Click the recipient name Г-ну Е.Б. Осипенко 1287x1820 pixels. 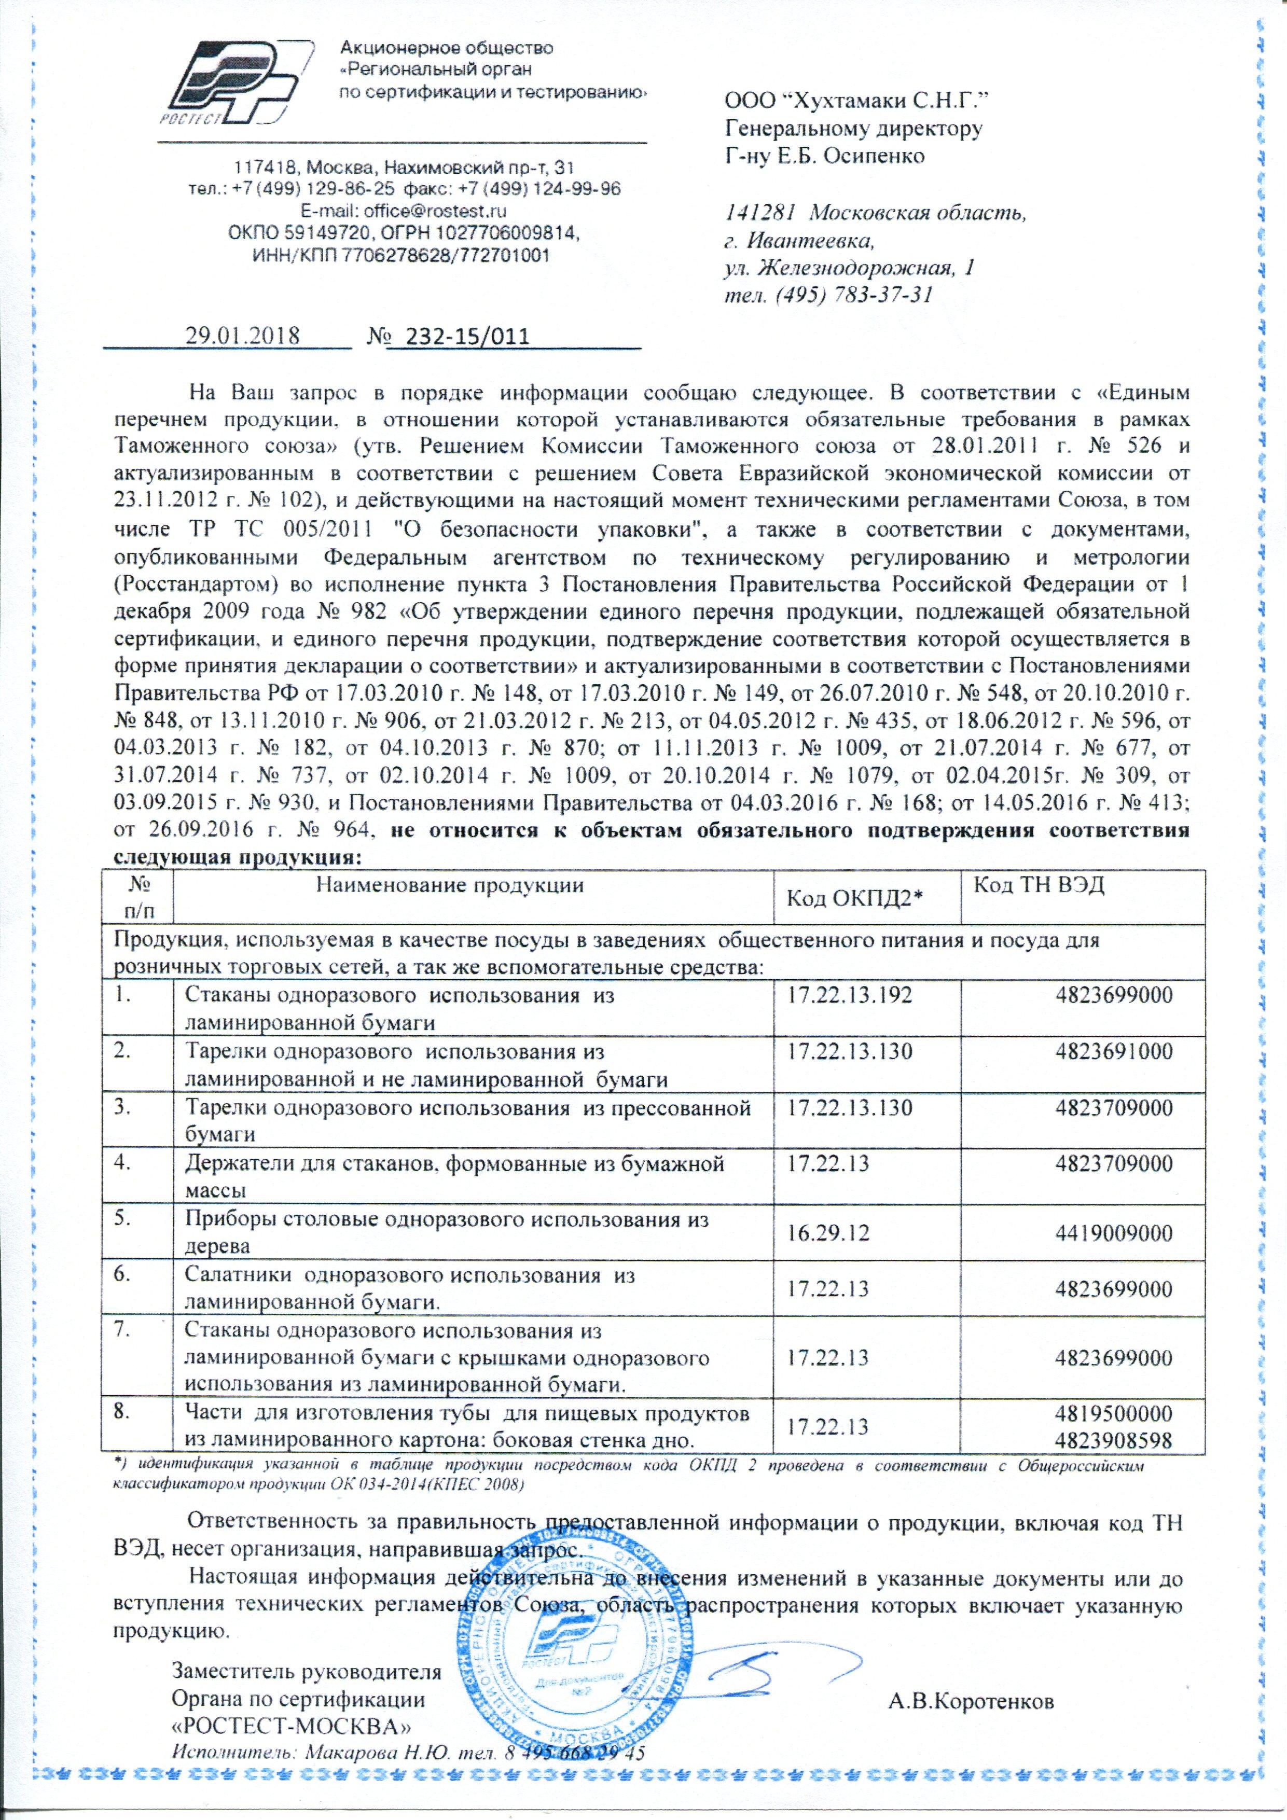click(x=825, y=156)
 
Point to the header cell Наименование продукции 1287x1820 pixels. click(x=450, y=886)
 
